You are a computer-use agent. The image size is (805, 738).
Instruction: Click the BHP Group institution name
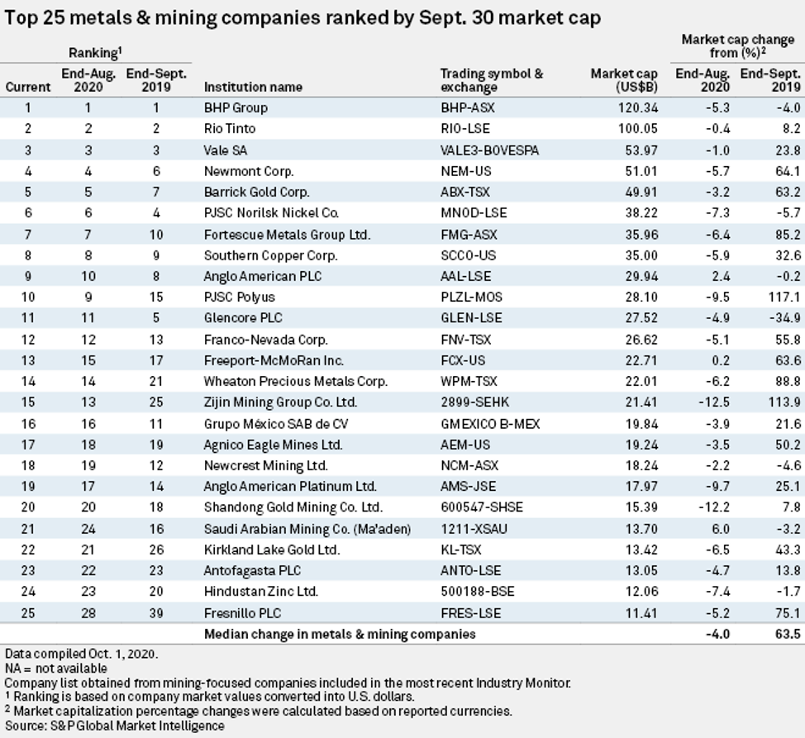[x=236, y=107]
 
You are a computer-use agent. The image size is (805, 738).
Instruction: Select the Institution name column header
[x=253, y=87]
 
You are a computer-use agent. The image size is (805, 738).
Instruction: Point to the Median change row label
[x=340, y=635]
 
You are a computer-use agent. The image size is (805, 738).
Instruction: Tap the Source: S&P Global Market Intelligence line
[x=114, y=726]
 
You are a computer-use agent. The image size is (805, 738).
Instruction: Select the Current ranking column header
[x=28, y=87]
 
